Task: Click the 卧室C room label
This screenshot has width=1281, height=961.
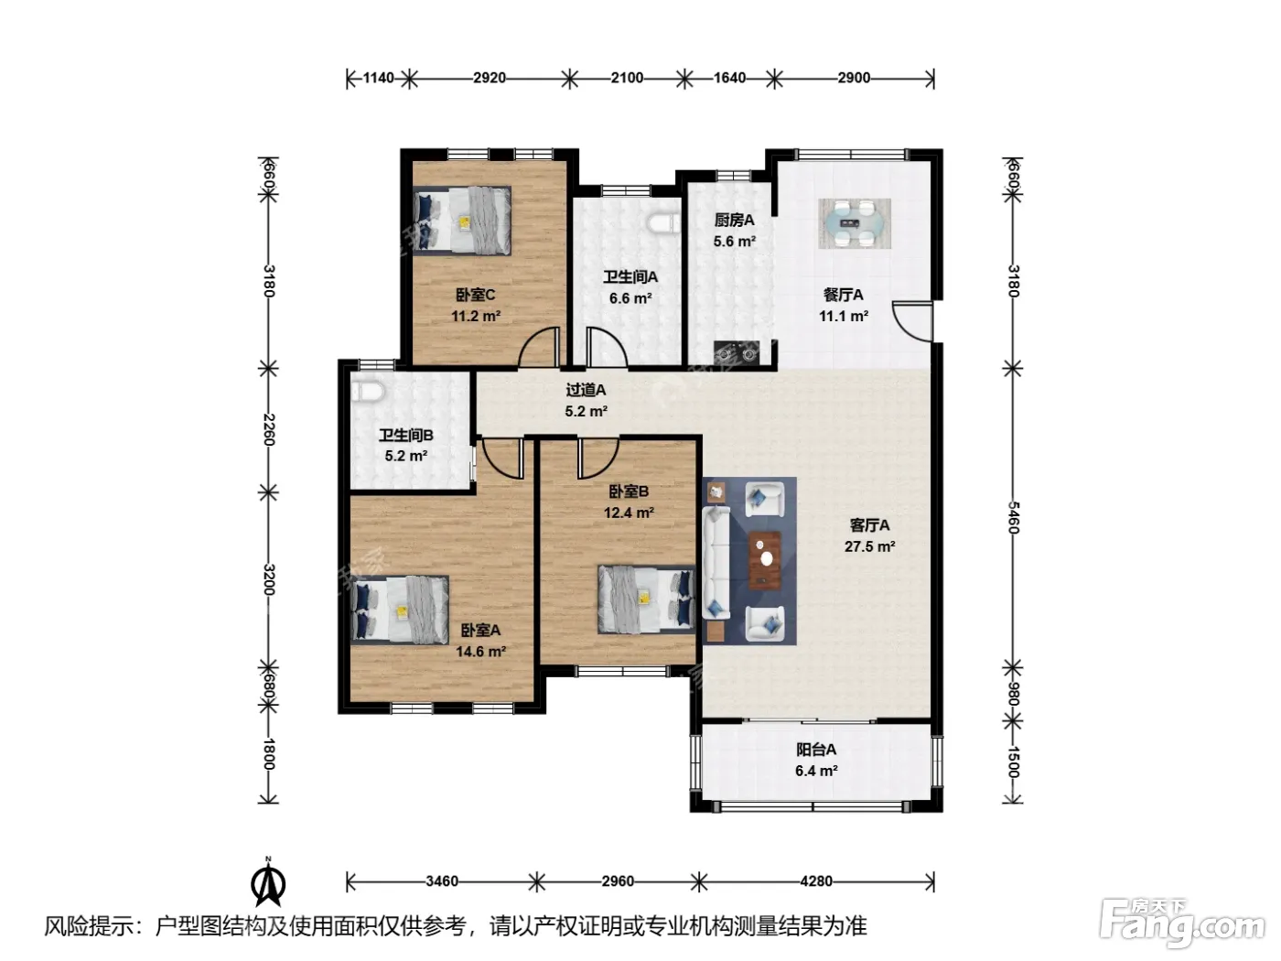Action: coord(475,295)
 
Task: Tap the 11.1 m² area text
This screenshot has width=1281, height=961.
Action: coord(844,316)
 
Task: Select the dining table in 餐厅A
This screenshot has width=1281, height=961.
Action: coord(854,223)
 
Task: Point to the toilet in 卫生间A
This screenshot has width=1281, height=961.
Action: coord(664,223)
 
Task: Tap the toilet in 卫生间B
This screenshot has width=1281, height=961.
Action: coord(367,391)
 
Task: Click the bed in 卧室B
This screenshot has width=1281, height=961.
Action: coord(647,599)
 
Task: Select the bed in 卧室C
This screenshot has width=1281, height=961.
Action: coord(462,221)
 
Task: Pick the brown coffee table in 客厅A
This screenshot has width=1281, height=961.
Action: coord(765,561)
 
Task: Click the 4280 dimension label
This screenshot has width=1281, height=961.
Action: coord(816,881)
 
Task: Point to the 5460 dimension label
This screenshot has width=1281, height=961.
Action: coord(1013,517)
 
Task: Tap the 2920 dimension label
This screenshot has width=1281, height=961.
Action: coord(489,78)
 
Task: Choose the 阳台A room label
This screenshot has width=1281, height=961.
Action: coord(816,750)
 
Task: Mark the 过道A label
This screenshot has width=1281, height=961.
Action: coord(586,390)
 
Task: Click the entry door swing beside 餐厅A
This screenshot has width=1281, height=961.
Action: coord(912,321)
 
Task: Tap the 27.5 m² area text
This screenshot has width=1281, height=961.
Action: coord(869,546)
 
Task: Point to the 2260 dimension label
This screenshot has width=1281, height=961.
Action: coord(268,429)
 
